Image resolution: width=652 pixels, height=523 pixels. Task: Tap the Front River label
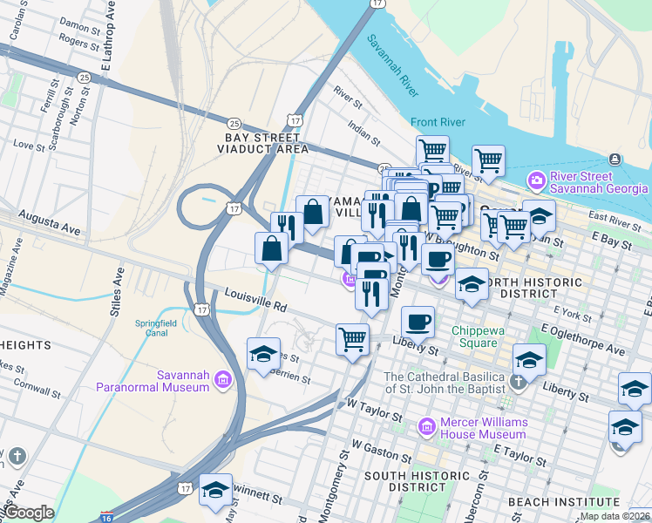[438, 122]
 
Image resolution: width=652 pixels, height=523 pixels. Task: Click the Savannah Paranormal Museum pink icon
[223, 379]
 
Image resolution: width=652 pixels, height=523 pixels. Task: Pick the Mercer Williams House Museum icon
[426, 426]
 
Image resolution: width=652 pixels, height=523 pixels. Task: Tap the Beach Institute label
[563, 502]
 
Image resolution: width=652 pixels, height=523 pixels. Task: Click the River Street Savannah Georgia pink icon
[537, 181]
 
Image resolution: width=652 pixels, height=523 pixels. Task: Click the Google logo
[28, 513]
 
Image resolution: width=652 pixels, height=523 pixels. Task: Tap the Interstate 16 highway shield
[105, 517]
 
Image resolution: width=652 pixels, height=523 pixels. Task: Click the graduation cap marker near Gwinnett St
[215, 489]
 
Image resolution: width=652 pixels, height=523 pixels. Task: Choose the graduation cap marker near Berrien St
[263, 354]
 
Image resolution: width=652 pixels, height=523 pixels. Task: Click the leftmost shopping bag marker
[272, 248]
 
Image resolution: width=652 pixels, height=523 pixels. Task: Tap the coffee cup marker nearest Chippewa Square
[418, 321]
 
